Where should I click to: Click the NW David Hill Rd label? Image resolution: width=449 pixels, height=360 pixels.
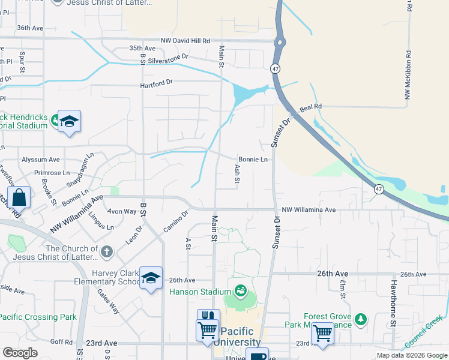(185, 41)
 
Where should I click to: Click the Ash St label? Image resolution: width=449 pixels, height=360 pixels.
(238, 174)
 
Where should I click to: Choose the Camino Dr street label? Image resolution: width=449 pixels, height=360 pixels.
(176, 221)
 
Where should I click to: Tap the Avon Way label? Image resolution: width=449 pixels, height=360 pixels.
(122, 211)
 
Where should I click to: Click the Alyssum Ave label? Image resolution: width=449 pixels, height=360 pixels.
(41, 160)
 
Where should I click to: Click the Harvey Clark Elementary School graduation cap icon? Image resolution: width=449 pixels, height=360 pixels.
(151, 277)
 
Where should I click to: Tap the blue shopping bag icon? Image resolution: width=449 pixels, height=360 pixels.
(19, 197)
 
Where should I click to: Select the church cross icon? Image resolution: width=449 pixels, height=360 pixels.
(106, 251)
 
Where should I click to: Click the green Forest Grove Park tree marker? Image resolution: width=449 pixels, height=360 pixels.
(360, 319)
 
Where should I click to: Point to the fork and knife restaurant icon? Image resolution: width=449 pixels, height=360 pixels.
(208, 316)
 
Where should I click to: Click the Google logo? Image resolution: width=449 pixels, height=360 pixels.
(20, 353)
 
